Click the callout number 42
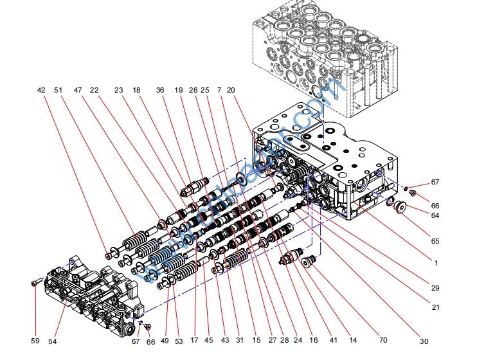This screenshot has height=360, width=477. pyautogui.click(x=41, y=91)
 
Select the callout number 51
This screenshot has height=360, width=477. pyautogui.click(x=59, y=91)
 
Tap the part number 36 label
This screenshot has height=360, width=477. pyautogui.click(x=160, y=91)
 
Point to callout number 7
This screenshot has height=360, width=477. pyautogui.click(x=220, y=91)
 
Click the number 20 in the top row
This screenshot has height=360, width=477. pyautogui.click(x=231, y=91)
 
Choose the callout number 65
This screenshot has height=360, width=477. pyautogui.click(x=435, y=241)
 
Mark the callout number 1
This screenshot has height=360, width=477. pyautogui.click(x=435, y=263)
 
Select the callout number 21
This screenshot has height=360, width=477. pyautogui.click(x=435, y=307)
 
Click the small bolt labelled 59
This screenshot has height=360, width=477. pyautogui.click(x=33, y=283)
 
